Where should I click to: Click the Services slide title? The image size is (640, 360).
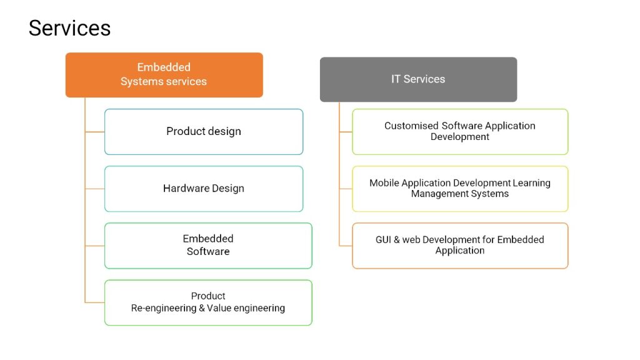click(69, 28)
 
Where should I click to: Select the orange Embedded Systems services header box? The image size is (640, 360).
click(164, 75)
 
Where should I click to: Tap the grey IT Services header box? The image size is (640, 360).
click(418, 79)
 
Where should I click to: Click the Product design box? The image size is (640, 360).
click(204, 131)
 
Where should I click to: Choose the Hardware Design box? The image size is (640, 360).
click(204, 189)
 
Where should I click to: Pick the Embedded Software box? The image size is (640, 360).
click(208, 245)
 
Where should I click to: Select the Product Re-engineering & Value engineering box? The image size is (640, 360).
click(208, 302)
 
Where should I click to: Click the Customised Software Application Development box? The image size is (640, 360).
click(460, 131)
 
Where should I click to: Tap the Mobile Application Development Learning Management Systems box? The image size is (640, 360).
click(460, 189)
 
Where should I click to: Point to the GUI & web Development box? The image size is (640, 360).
click(460, 245)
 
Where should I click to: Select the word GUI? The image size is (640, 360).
click(383, 239)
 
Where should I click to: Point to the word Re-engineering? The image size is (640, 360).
click(164, 308)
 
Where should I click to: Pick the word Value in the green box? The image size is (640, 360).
click(219, 307)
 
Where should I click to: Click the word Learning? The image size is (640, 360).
click(531, 183)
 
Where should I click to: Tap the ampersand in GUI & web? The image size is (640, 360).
click(397, 239)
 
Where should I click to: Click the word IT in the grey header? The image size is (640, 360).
click(396, 79)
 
